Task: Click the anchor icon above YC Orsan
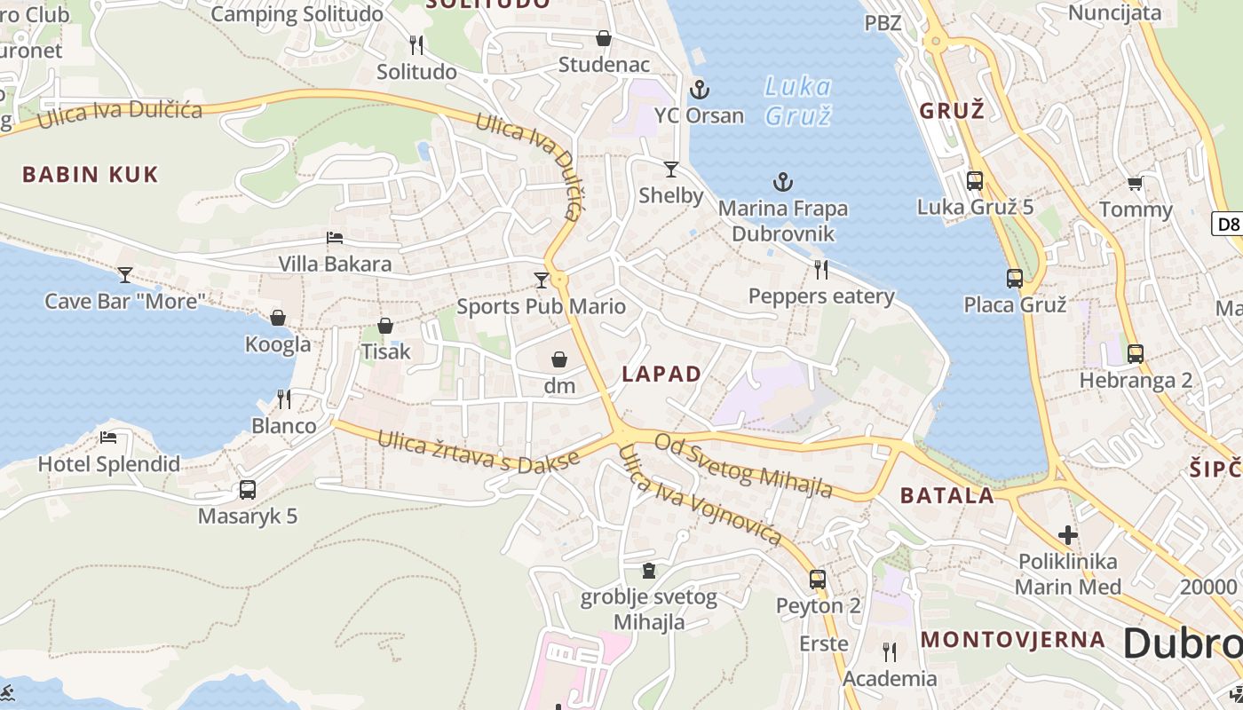click(700, 90)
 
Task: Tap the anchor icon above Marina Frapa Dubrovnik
click(782, 183)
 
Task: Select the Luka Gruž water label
click(797, 100)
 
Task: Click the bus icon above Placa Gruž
click(1015, 279)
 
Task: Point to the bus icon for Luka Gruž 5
click(975, 181)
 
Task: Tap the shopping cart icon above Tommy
click(1135, 184)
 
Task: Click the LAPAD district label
click(661, 374)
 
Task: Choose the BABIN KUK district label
click(90, 174)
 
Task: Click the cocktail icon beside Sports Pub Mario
click(541, 280)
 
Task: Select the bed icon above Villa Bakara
click(335, 238)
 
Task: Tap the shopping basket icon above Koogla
click(278, 318)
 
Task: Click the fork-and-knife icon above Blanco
click(284, 399)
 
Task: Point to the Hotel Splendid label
click(108, 463)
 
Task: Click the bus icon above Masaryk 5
click(248, 490)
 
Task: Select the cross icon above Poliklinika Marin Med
click(1068, 535)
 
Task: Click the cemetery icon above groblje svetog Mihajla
click(649, 571)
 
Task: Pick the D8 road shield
click(1228, 224)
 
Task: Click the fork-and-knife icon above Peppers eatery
click(821, 270)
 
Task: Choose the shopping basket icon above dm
click(559, 359)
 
